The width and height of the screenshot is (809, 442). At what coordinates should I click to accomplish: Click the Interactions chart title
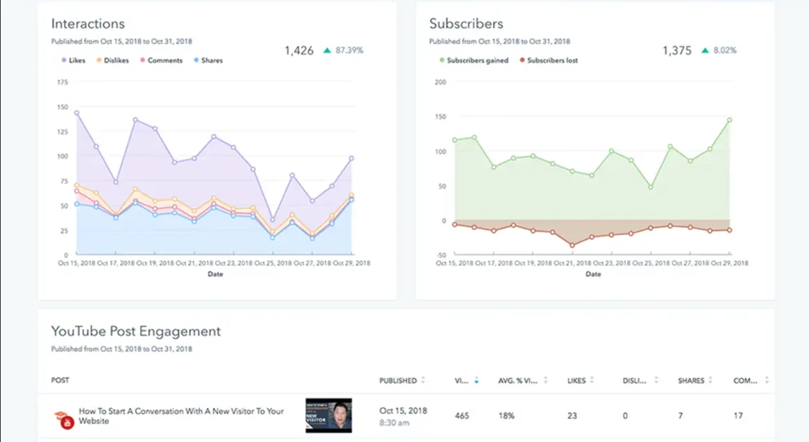pyautogui.click(x=88, y=24)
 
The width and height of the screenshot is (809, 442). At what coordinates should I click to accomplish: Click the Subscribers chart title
pyautogui.click(x=466, y=24)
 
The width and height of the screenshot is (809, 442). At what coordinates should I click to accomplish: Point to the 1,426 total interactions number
pyautogui.click(x=298, y=50)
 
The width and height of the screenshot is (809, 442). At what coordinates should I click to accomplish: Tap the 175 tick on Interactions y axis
pyautogui.click(x=62, y=83)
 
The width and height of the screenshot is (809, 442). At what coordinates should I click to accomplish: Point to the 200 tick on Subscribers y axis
pyautogui.click(x=441, y=83)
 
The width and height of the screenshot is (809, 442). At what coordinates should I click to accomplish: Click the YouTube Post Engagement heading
pyautogui.click(x=136, y=331)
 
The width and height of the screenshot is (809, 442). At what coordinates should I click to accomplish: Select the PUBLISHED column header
pyautogui.click(x=398, y=380)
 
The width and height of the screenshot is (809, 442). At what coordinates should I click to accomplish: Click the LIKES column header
pyautogui.click(x=576, y=380)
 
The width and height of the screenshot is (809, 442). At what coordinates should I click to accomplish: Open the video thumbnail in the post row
pyautogui.click(x=329, y=416)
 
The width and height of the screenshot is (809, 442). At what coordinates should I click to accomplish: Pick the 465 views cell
pyautogui.click(x=464, y=415)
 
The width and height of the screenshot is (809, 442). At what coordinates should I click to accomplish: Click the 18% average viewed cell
pyautogui.click(x=507, y=415)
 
